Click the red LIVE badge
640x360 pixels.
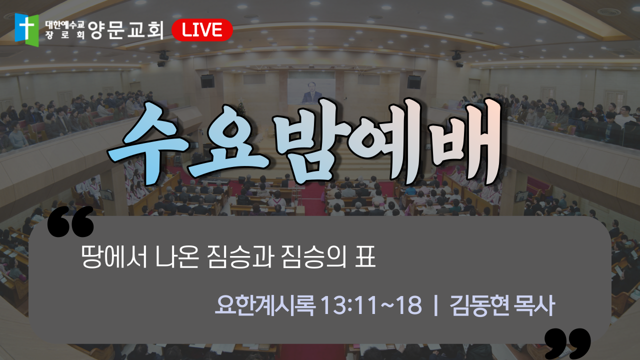(202, 30)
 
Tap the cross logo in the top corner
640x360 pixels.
(27, 29)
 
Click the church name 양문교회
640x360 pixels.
(125, 30)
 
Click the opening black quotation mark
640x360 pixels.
(70, 221)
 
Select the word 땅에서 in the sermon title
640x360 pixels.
(114, 256)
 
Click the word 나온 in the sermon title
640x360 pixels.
(177, 256)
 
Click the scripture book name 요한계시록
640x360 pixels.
(265, 305)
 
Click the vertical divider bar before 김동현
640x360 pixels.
(436, 305)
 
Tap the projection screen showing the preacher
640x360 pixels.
(311, 91)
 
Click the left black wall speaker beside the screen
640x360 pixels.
(207, 81)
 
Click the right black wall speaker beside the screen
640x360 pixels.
(414, 82)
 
